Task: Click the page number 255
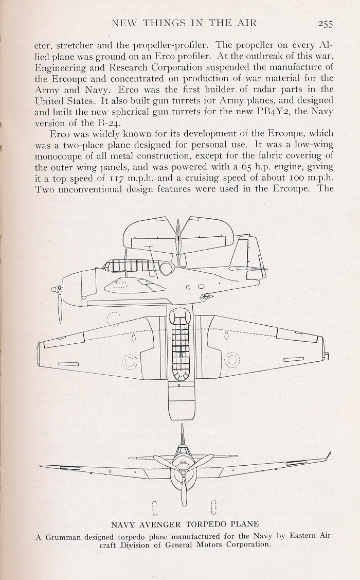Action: click(325, 24)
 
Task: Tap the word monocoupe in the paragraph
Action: click(60, 156)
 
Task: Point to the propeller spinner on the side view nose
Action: click(56, 289)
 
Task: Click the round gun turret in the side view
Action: click(166, 268)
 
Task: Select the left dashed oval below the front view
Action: click(155, 508)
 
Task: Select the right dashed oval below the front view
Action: click(213, 507)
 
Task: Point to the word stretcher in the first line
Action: click(75, 45)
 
